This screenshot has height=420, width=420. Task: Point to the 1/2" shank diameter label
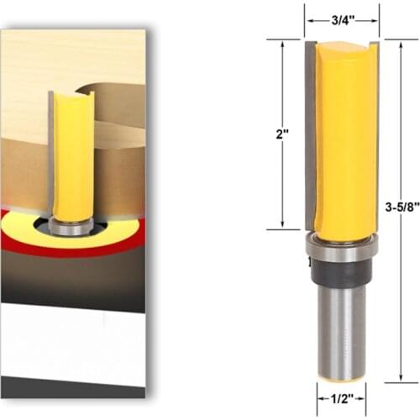coord(341,398)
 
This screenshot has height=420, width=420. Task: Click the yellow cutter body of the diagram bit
coord(345,134)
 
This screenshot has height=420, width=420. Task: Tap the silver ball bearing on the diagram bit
coord(341,248)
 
